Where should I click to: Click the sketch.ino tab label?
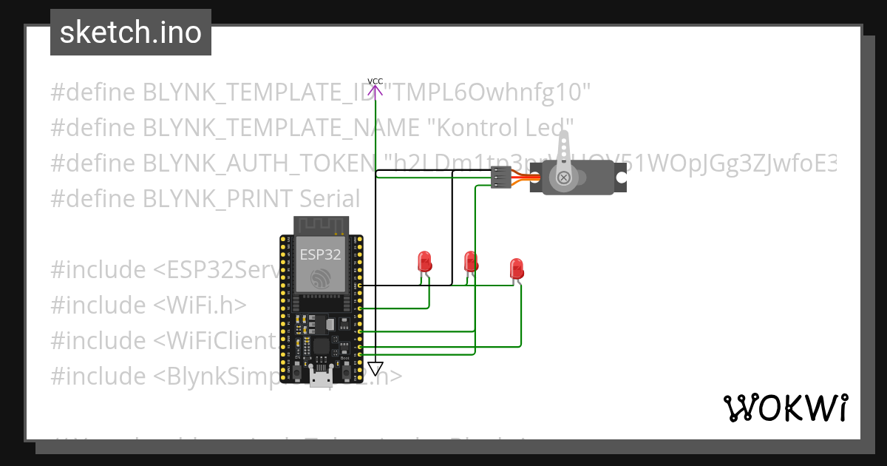[x=130, y=33]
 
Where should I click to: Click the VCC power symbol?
[x=375, y=89]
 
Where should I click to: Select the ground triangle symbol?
[x=375, y=368]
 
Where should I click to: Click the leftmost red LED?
[x=424, y=262]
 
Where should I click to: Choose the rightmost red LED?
[x=516, y=269]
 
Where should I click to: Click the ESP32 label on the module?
[x=320, y=254]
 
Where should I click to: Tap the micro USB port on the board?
[x=320, y=379]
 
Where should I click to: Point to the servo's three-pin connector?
[x=500, y=176]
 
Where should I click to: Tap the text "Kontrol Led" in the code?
[x=502, y=128]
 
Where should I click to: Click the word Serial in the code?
[x=330, y=199]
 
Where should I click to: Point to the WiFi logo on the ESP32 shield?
[x=321, y=278]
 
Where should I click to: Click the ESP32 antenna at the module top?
[x=320, y=225]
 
